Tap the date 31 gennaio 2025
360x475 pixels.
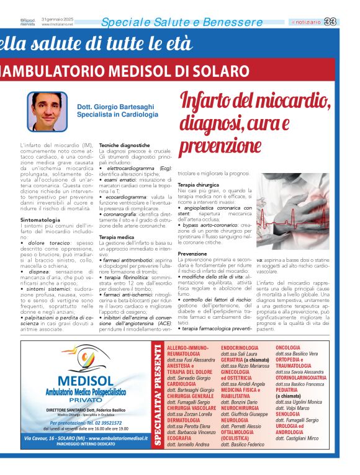coord(58,19)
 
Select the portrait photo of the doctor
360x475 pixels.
coord(47,112)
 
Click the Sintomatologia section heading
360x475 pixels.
coord(40,220)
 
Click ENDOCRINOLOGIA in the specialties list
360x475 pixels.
coord(240,348)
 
